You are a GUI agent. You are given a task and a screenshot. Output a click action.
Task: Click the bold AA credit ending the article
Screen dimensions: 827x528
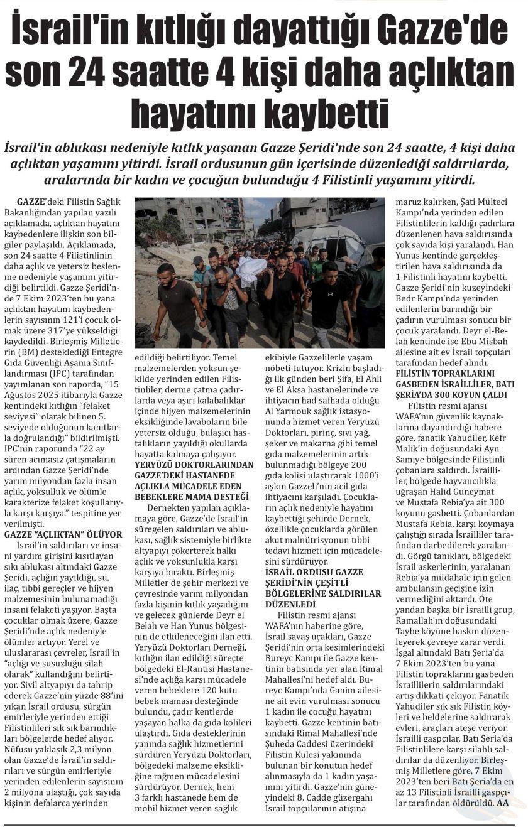[x=502, y=803]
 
